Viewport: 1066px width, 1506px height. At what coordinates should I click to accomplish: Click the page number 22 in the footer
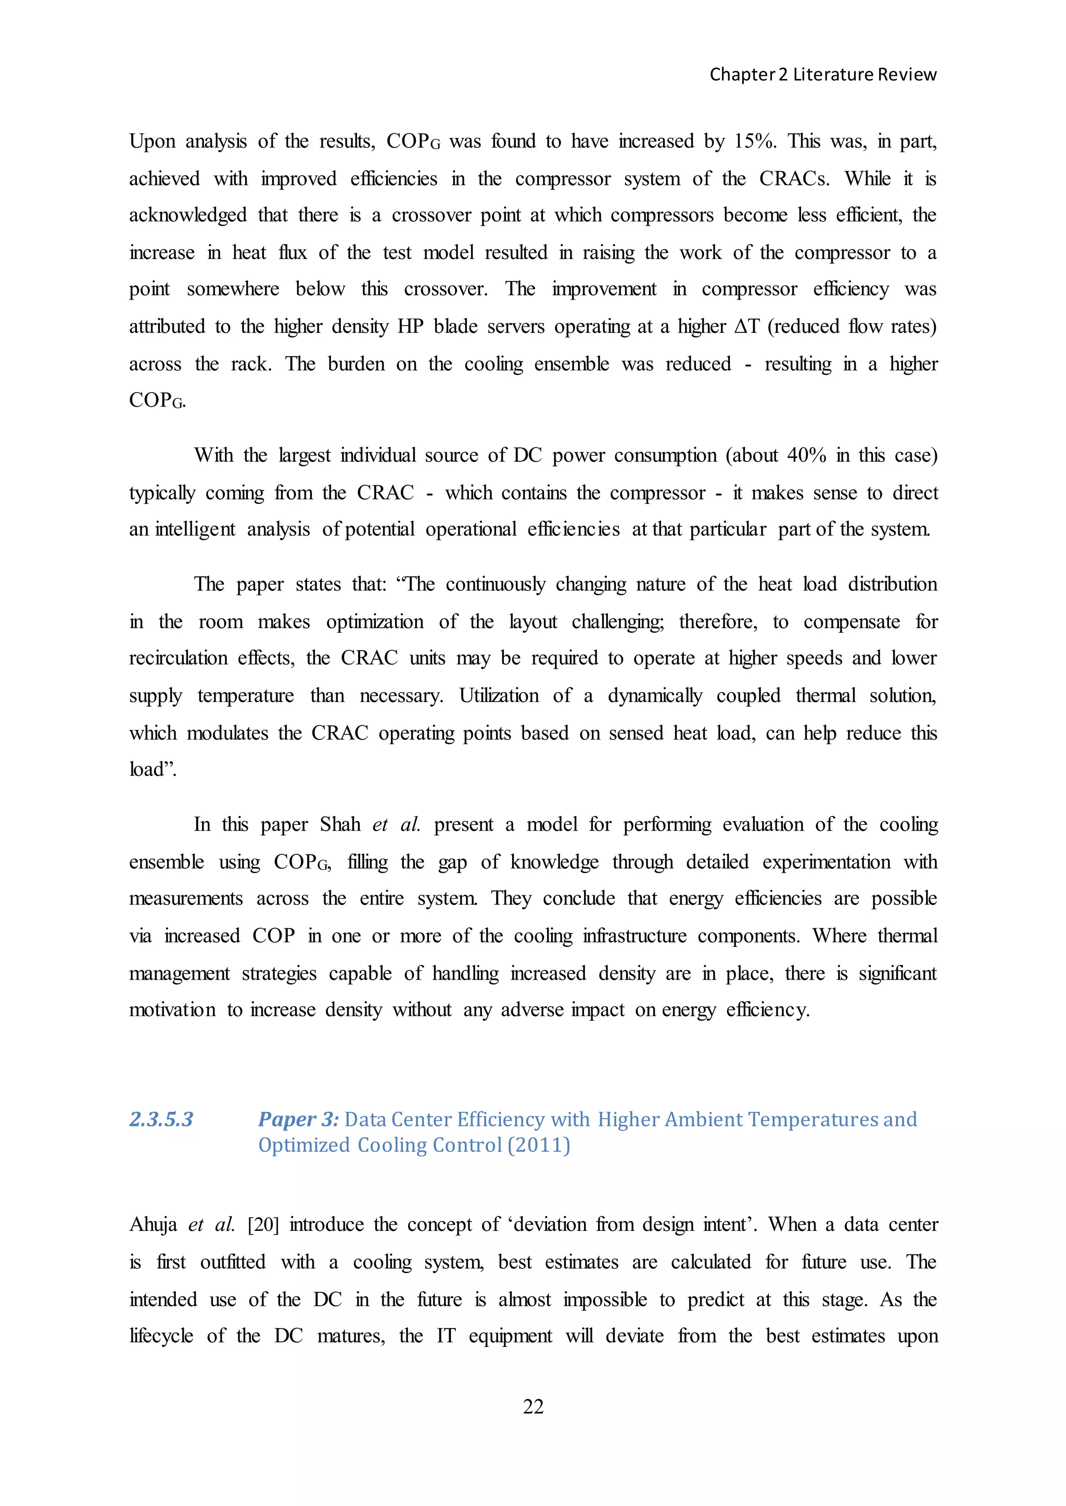(x=533, y=1406)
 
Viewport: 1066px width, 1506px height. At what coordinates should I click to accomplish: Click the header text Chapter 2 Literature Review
(x=822, y=75)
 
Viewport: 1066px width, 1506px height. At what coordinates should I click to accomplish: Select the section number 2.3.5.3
(x=161, y=1119)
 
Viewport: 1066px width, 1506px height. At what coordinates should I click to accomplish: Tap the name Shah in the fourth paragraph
(x=340, y=824)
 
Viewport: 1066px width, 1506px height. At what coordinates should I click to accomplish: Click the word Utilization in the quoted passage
(x=498, y=695)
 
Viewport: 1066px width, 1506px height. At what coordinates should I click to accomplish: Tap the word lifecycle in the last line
(x=161, y=1336)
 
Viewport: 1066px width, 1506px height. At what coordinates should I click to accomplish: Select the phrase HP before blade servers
(x=410, y=326)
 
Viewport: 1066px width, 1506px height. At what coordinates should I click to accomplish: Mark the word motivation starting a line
(x=172, y=1009)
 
